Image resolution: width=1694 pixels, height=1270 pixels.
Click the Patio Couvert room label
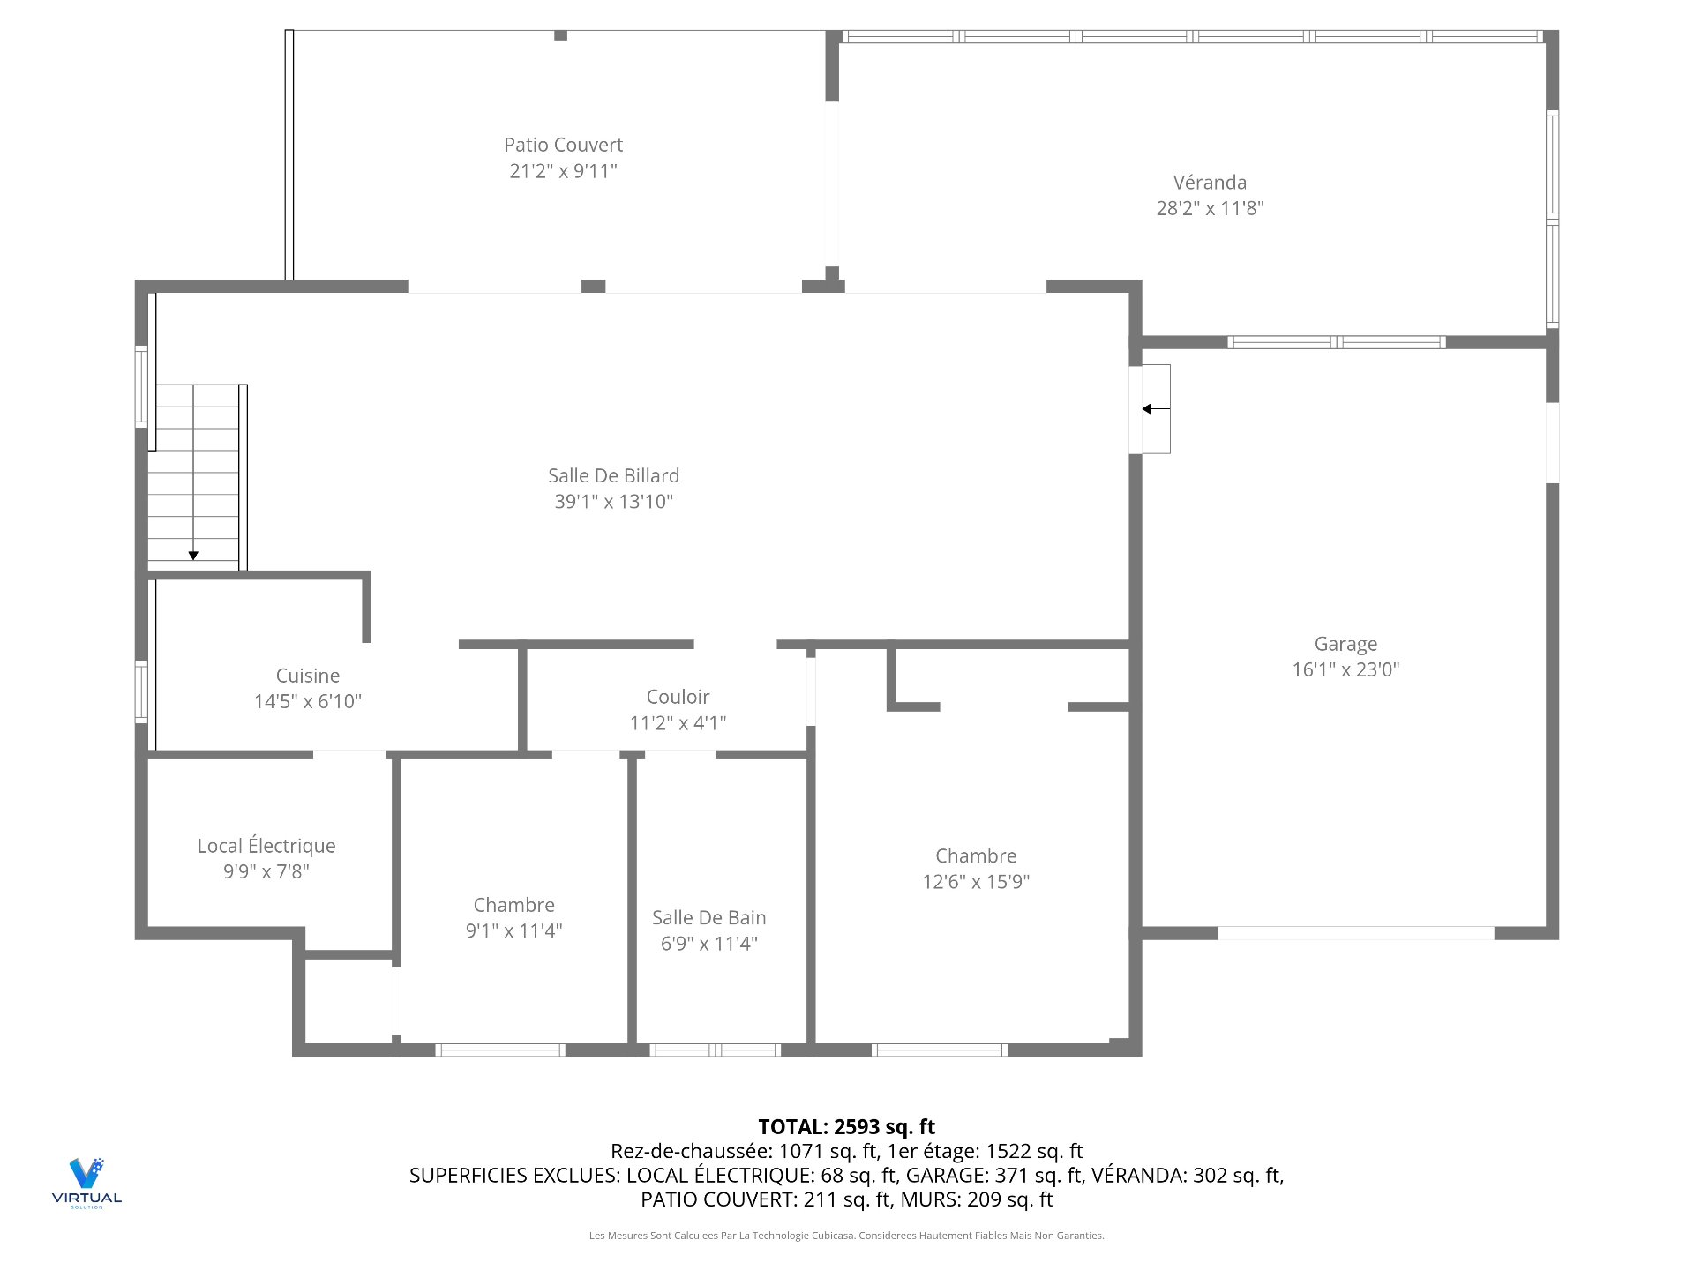(x=563, y=145)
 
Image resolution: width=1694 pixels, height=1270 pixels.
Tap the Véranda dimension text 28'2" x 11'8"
(x=1210, y=208)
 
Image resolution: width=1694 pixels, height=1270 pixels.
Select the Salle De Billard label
(x=613, y=475)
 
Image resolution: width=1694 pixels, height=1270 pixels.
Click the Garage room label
(x=1345, y=644)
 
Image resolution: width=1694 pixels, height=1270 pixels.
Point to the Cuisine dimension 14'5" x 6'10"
(x=307, y=701)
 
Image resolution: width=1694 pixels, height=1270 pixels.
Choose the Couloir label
(x=678, y=697)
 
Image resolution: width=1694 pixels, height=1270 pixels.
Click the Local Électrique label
(x=266, y=846)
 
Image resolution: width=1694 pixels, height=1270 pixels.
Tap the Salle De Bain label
(x=708, y=917)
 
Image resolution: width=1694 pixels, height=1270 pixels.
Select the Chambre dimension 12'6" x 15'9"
(x=976, y=881)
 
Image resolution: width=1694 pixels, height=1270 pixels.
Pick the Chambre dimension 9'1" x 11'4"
(x=513, y=930)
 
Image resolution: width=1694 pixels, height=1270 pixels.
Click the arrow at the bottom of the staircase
(x=193, y=555)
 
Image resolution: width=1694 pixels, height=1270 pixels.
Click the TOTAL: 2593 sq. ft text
(x=846, y=1126)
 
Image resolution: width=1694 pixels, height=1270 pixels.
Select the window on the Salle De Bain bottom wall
(x=715, y=1050)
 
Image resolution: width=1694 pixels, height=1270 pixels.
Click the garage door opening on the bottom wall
(x=1355, y=933)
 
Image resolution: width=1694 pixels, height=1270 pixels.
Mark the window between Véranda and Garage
(x=1336, y=342)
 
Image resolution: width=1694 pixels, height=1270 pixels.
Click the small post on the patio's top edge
(x=560, y=35)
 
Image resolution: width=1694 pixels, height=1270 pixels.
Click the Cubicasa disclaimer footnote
(x=846, y=1236)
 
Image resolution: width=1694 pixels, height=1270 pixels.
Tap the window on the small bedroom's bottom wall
(x=500, y=1050)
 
